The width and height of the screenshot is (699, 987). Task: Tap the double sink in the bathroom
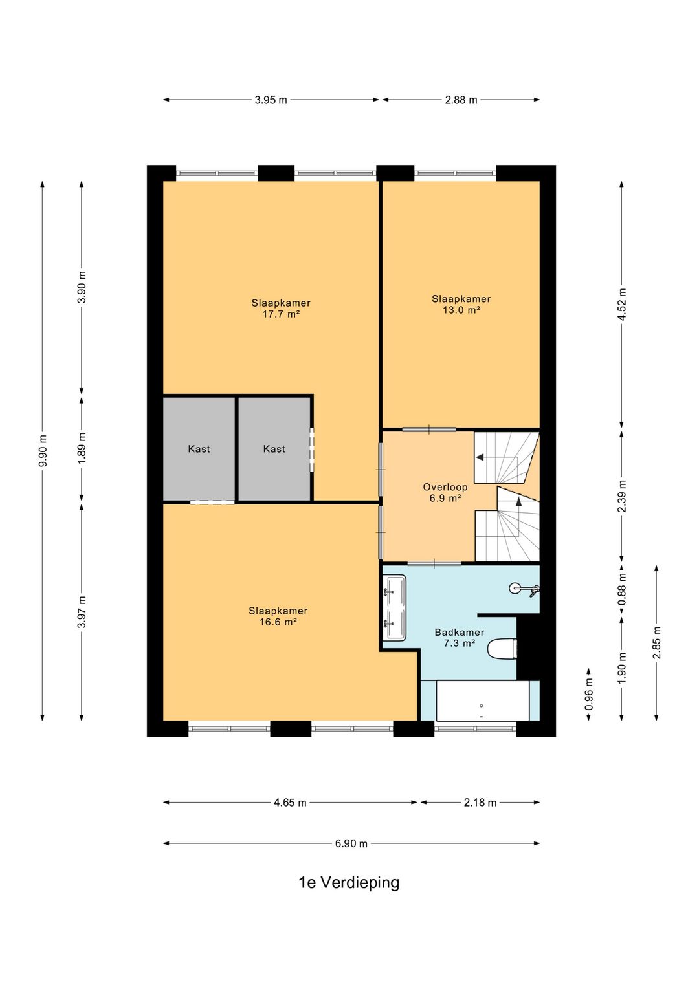(394, 607)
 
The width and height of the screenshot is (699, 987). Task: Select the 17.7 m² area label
(281, 314)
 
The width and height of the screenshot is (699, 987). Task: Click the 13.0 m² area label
(461, 310)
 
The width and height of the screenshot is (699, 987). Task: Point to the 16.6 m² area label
(278, 622)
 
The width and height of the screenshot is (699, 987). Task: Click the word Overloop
(445, 487)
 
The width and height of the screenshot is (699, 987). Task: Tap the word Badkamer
(459, 632)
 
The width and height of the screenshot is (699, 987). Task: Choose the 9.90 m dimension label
(42, 451)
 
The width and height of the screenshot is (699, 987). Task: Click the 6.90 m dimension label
(351, 843)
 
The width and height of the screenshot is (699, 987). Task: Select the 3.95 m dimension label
(271, 100)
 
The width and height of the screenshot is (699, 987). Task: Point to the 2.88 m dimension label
(461, 100)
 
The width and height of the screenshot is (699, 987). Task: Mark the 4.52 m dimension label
(622, 305)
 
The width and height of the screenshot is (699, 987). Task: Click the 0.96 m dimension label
(588, 694)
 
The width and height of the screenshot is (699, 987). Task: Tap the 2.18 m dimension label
(480, 803)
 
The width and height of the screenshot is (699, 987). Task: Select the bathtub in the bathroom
(482, 700)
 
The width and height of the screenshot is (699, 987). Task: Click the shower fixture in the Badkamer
(525, 588)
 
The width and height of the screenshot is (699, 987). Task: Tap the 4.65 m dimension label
(290, 803)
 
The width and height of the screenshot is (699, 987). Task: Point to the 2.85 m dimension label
(657, 643)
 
